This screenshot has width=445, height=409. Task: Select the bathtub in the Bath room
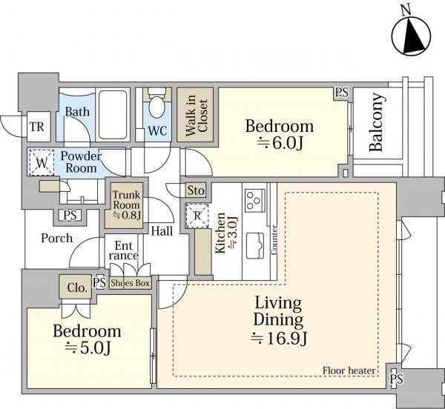[x=113, y=115]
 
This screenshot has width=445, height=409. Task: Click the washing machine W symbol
[x=42, y=163]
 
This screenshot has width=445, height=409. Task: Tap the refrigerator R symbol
[x=197, y=216]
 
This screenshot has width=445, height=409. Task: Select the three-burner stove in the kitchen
[x=255, y=200]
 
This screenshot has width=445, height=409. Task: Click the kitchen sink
[x=255, y=246]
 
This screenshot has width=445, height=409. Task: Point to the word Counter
[x=274, y=240]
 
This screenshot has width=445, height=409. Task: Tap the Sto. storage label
[x=196, y=190]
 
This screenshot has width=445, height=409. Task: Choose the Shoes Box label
[x=131, y=283]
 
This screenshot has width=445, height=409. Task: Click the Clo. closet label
[x=77, y=287]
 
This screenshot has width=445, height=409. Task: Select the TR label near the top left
[x=37, y=127]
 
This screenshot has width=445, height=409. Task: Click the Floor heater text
[x=349, y=370]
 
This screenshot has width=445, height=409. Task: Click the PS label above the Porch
[x=70, y=215]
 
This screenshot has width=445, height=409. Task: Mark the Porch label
[x=57, y=238]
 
